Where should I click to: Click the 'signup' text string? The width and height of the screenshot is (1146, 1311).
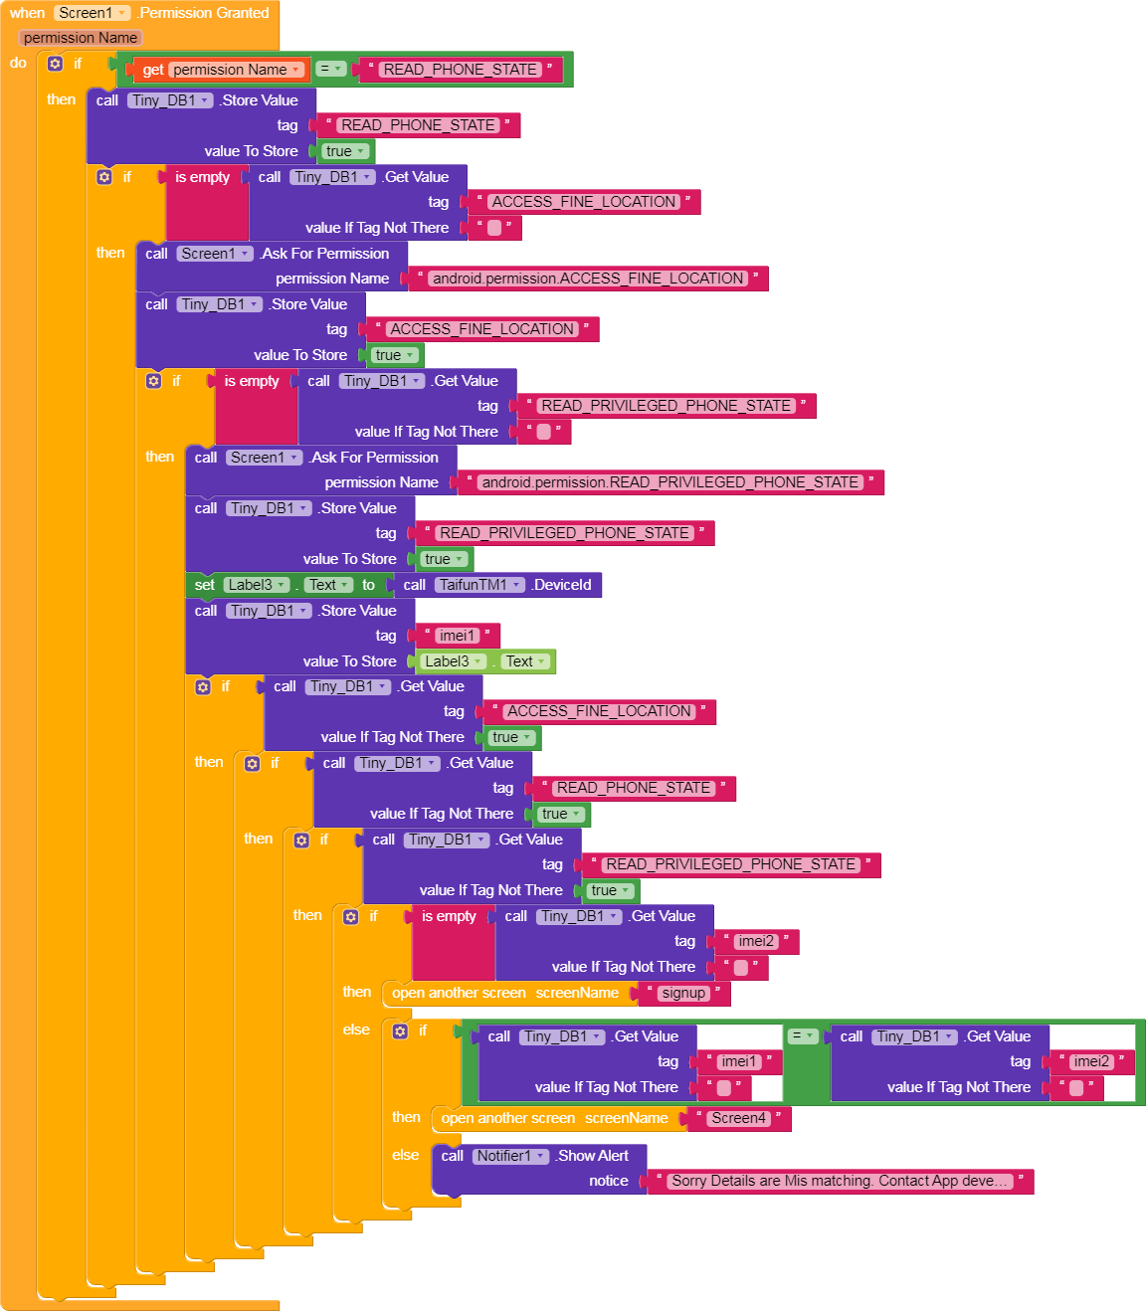coord(683,993)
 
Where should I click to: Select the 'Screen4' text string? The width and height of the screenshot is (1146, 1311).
coord(738,1118)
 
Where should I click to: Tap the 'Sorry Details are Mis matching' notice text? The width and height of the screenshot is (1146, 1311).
coord(841,1181)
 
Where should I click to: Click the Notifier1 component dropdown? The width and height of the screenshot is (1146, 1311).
coord(511,1156)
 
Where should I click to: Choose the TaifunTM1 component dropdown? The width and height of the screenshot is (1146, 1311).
coord(481,585)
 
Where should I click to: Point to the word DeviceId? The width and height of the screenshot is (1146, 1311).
coord(562,585)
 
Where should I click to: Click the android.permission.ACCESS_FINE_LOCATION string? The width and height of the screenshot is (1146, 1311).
coord(588,279)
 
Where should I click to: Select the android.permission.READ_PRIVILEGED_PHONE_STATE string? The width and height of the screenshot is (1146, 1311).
coord(669,482)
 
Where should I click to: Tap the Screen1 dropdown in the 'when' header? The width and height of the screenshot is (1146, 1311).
coord(93,13)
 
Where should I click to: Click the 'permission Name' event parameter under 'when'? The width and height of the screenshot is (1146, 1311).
coord(81,38)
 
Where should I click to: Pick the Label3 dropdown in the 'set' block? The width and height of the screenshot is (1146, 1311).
coord(256,585)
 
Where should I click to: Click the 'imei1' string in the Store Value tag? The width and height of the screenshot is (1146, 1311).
coord(458,636)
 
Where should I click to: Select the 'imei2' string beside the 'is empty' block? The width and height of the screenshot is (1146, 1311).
coord(755,941)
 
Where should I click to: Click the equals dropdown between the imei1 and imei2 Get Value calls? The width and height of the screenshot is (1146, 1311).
coord(802,1036)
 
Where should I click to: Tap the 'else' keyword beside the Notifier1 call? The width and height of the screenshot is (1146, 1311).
coord(405,1155)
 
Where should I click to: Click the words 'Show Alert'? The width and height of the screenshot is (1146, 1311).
coord(593,1156)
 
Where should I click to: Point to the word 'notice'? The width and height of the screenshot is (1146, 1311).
coord(608,1181)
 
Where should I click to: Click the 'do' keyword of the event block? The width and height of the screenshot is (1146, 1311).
coord(18,63)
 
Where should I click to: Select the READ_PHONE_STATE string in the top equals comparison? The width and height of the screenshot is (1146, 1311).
coord(461,70)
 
